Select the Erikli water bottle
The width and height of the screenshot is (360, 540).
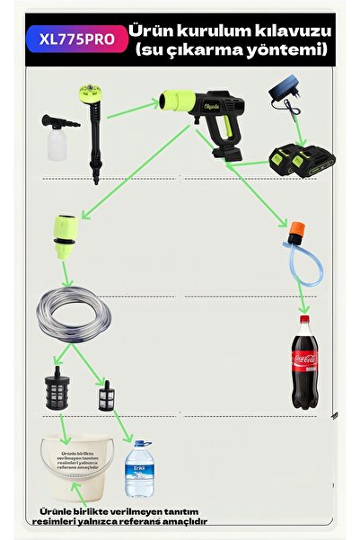[138, 468]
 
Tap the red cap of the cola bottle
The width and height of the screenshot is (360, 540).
[304, 319]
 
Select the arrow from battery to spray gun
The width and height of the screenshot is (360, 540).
[253, 162]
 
